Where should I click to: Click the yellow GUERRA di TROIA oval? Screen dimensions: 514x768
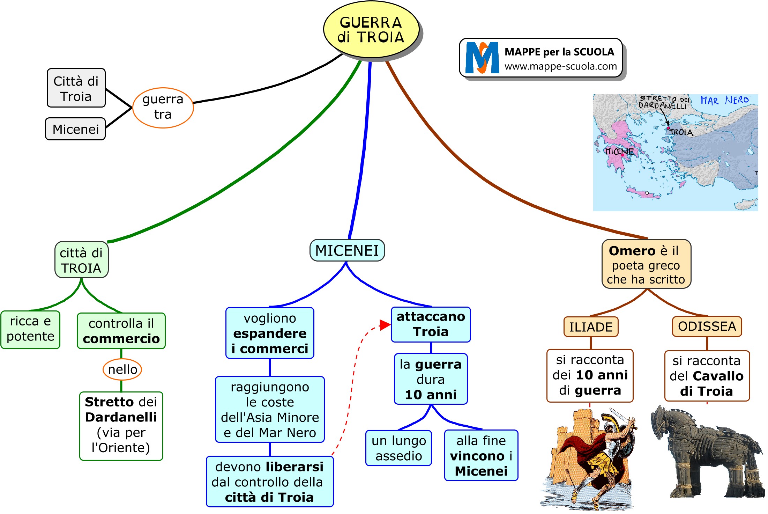371,30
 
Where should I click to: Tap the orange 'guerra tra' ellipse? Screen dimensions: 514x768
163,108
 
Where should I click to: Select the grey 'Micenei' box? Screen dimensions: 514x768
75,129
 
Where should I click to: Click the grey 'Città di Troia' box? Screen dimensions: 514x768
76,88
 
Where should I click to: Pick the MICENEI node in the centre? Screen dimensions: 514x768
347,250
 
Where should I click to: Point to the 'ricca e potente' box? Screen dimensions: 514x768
30,329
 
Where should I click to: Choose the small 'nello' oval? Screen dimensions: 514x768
122,369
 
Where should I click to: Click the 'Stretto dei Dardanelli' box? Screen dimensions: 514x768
121,425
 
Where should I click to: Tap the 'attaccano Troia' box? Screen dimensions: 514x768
431,324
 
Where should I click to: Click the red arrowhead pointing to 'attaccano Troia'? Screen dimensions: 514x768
385,325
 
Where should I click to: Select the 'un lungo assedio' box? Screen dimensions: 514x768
398,448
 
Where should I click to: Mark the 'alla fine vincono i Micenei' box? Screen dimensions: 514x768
481,456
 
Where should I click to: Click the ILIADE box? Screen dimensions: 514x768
591,327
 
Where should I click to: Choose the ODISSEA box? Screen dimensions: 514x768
707,326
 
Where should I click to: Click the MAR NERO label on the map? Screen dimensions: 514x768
724,100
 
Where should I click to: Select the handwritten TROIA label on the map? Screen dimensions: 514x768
681,132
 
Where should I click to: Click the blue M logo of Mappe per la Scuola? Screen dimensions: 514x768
482,58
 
